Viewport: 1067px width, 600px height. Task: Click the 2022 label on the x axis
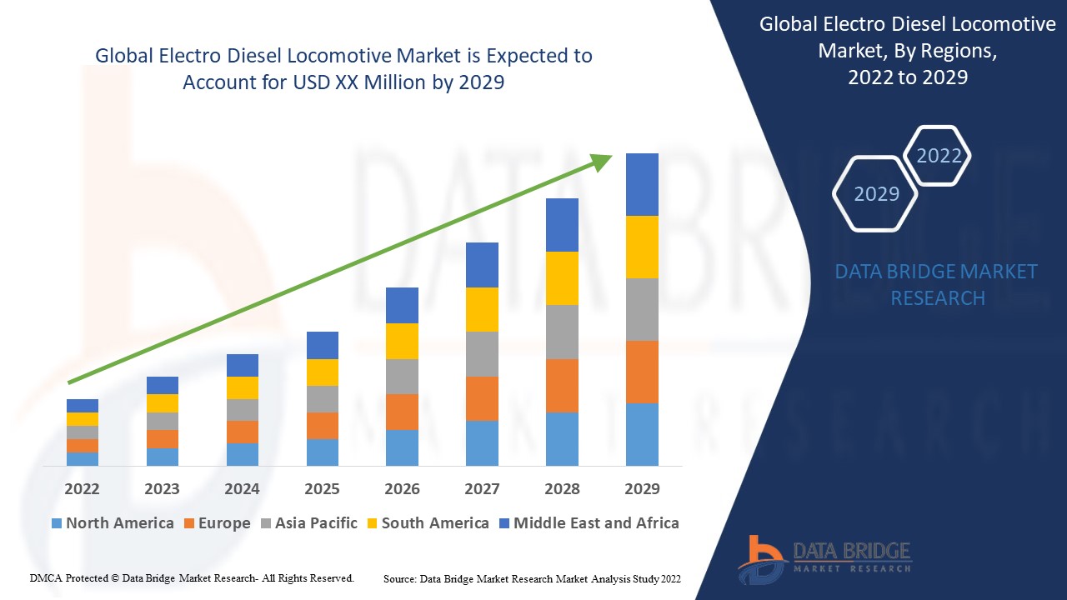82,488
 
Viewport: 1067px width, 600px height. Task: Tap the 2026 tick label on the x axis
402,488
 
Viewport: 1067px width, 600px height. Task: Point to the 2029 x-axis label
642,488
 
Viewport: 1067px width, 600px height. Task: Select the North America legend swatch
57,523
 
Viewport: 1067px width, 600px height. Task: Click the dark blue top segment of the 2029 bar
642,184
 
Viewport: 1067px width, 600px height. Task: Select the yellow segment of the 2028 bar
562,278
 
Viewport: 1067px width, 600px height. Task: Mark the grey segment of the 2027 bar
482,354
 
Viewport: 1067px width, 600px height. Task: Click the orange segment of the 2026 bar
402,412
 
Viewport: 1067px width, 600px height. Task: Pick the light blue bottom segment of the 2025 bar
322,452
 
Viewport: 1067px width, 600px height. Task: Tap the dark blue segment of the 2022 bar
82,406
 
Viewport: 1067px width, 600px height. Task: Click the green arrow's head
602,161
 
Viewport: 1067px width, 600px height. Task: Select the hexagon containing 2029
876,193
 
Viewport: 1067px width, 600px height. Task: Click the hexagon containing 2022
939,156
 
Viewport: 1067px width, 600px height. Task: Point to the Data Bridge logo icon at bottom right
760,558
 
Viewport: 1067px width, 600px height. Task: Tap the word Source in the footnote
400,578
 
